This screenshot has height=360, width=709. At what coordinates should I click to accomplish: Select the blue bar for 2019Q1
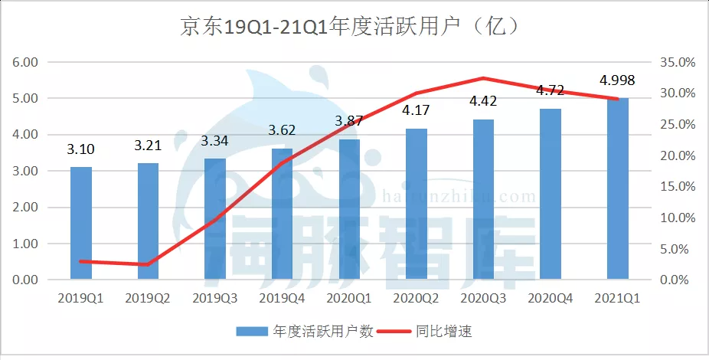coord(81,223)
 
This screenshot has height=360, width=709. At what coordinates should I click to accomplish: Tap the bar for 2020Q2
coord(417,204)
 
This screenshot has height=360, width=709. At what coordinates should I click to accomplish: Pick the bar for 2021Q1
coord(618,188)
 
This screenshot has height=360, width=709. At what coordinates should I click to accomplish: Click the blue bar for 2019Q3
coord(215,219)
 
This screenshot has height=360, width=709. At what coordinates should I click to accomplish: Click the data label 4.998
coord(617,80)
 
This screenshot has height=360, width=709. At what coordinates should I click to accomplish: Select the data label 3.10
coord(81,149)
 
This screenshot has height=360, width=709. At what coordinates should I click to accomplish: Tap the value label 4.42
coord(483,101)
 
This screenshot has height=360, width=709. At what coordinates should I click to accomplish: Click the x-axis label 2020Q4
coord(551,296)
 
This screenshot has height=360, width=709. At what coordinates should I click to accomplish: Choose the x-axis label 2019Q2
coord(148,296)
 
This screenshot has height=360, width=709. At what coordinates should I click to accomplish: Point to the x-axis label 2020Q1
coord(349,296)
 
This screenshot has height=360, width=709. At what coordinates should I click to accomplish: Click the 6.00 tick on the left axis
coord(27,62)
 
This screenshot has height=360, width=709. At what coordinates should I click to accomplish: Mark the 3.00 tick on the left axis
coord(27,171)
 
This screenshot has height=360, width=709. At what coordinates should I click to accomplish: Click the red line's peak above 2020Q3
coord(484,78)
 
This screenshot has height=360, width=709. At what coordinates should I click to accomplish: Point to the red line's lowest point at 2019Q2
coord(148,264)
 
